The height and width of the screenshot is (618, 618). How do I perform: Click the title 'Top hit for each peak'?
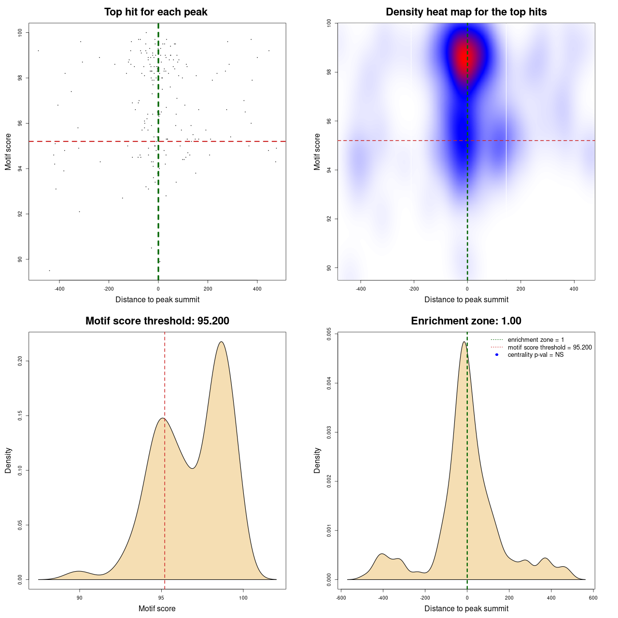click(x=156, y=12)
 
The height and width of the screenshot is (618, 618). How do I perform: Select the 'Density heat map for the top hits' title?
click(x=466, y=12)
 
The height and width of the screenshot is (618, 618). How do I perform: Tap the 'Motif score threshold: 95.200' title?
click(x=157, y=321)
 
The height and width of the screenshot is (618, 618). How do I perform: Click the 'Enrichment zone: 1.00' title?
click(x=466, y=321)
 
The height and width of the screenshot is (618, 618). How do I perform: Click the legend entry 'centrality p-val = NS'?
click(x=535, y=355)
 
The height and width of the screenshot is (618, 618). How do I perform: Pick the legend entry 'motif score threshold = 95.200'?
click(x=549, y=348)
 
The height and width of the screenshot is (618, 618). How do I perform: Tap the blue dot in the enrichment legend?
click(x=497, y=355)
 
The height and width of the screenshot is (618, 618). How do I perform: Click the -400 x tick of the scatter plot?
click(x=59, y=289)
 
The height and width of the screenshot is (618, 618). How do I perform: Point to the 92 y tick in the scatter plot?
click(x=20, y=214)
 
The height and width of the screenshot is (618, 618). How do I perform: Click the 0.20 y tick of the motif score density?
click(x=20, y=361)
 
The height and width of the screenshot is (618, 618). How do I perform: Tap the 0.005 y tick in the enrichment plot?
click(x=329, y=334)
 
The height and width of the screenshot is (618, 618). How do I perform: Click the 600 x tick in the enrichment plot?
click(x=593, y=598)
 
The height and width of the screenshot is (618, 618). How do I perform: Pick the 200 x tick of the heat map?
click(x=520, y=289)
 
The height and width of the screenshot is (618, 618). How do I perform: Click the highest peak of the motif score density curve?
click(x=221, y=342)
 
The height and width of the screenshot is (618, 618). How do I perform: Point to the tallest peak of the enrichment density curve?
click(x=464, y=342)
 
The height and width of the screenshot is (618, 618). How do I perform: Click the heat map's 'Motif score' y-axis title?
click(x=317, y=152)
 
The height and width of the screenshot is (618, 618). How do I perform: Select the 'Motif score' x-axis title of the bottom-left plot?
click(x=157, y=608)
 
